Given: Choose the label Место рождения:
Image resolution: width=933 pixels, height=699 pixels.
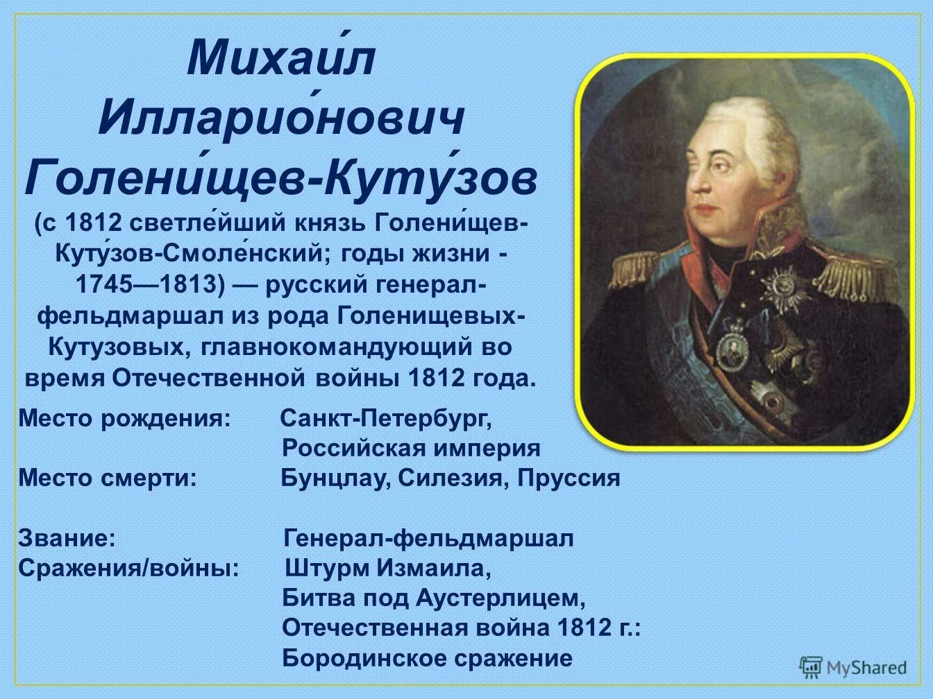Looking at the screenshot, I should coord(124,419).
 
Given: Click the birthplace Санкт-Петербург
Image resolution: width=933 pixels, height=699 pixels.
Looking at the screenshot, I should coord(386,419).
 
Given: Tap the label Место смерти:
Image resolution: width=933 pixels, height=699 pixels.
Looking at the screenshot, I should coord(108,478).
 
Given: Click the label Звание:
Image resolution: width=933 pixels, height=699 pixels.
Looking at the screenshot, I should coord(67,538).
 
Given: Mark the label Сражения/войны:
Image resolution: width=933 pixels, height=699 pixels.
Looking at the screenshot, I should coord(129,568).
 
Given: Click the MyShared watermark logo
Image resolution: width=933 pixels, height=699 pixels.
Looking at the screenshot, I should coord(853,667).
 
